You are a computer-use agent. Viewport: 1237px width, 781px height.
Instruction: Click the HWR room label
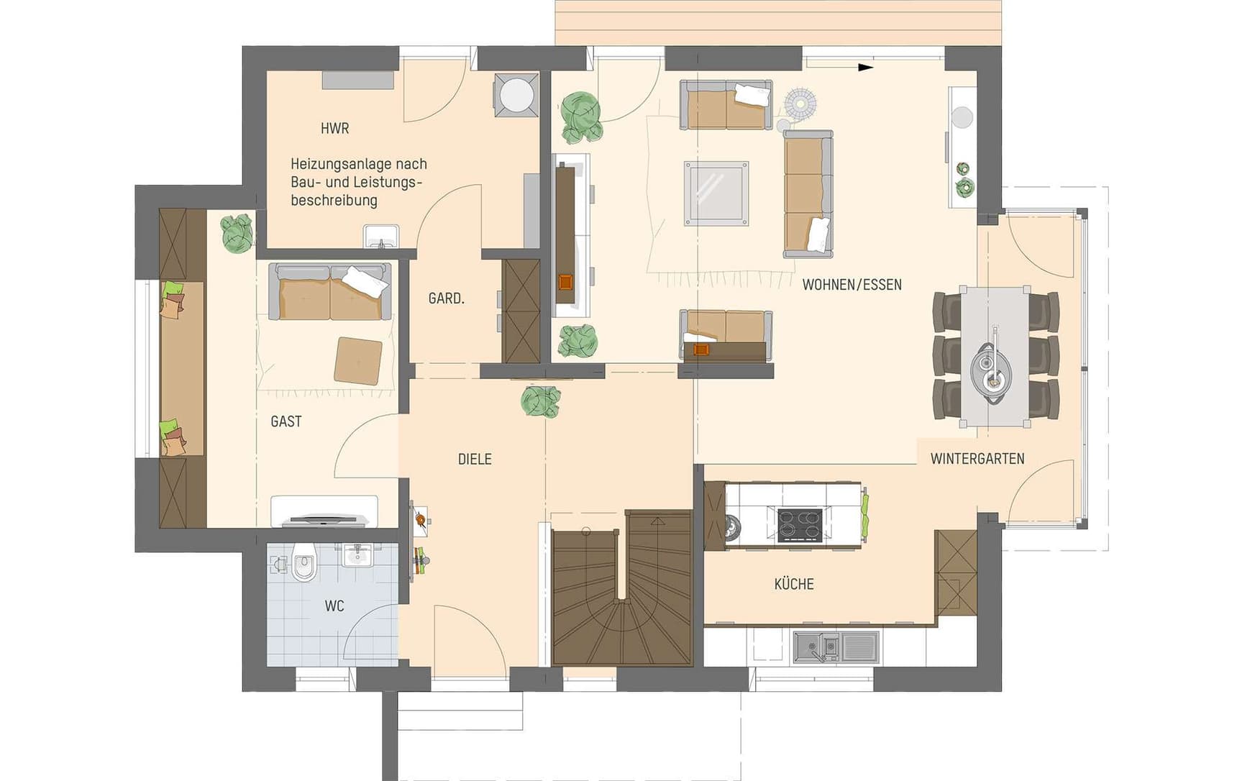click(334, 129)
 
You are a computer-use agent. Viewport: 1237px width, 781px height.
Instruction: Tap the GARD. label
click(446, 298)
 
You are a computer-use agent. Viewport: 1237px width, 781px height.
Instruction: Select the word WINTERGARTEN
click(977, 459)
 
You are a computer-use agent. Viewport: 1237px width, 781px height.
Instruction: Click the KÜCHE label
click(794, 584)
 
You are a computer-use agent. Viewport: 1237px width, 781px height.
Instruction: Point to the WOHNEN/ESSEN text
click(852, 285)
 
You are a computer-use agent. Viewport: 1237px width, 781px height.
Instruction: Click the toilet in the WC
click(304, 563)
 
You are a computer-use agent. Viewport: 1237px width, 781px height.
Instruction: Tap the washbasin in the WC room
click(357, 554)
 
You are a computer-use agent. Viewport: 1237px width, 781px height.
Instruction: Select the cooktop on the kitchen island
click(800, 524)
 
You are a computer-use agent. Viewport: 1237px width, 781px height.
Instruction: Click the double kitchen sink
click(816, 647)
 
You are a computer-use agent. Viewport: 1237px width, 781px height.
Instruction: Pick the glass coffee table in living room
click(716, 193)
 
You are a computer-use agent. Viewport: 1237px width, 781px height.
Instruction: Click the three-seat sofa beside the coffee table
click(808, 193)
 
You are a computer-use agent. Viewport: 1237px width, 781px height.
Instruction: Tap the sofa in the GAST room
click(330, 292)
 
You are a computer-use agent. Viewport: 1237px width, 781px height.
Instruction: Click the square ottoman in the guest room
click(357, 360)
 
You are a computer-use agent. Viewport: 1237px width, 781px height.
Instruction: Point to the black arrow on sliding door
click(865, 68)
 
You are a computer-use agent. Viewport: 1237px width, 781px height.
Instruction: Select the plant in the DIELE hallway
click(540, 401)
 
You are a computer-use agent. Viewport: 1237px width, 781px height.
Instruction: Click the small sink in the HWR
click(380, 236)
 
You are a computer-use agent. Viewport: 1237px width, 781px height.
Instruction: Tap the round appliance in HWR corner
click(516, 93)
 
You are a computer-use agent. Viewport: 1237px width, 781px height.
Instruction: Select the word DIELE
click(475, 459)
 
